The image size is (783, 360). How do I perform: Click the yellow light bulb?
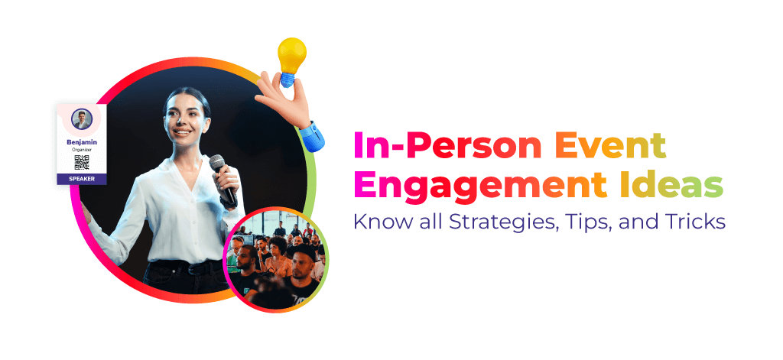point(291,56)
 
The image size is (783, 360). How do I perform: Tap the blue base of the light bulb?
point(288,79)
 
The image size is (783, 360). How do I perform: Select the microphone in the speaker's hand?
point(223,180)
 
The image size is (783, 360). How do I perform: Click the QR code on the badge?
point(81,162)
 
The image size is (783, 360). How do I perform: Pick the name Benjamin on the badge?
point(82,142)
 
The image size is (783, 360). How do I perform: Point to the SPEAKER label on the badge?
point(81,179)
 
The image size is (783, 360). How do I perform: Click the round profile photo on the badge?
point(81,119)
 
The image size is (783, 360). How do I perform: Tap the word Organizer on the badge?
point(82,149)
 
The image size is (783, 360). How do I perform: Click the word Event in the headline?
point(610,146)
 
